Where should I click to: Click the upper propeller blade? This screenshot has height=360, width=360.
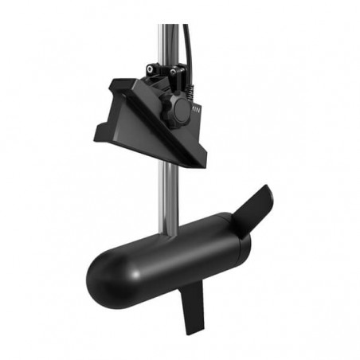(x=254, y=205)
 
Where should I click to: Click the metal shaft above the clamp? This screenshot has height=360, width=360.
(x=166, y=40)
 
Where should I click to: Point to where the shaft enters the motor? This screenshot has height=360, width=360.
(x=169, y=233)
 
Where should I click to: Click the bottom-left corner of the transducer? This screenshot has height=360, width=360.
(x=96, y=136)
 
